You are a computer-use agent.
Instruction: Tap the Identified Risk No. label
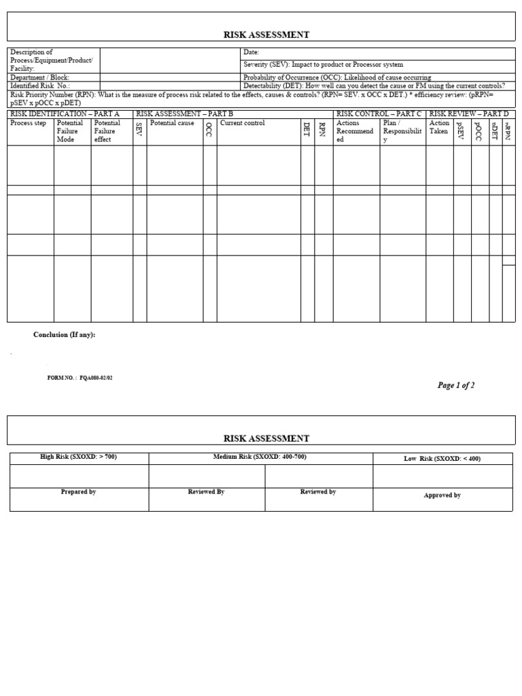point(40,86)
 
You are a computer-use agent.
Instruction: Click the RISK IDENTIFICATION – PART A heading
point(65,114)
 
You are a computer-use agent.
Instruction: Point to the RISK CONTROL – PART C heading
point(379,114)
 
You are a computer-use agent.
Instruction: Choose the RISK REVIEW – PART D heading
point(469,114)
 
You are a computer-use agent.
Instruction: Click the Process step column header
point(29,124)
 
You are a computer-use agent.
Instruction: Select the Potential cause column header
point(172,124)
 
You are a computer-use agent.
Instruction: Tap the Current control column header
point(243,124)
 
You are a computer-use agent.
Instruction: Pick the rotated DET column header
point(307,130)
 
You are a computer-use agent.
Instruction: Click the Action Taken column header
point(439,127)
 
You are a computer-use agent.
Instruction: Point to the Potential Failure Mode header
point(70,131)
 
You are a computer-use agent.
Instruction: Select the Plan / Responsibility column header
point(402,131)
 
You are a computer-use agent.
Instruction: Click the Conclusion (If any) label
point(65,335)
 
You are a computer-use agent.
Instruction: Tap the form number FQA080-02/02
point(80,378)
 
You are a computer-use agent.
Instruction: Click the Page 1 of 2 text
point(455,385)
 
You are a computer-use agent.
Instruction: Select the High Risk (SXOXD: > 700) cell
point(79,457)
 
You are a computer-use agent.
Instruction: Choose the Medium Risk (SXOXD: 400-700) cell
point(260,457)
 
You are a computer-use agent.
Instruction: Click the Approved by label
point(442,495)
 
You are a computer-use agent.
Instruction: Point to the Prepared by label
point(78,491)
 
